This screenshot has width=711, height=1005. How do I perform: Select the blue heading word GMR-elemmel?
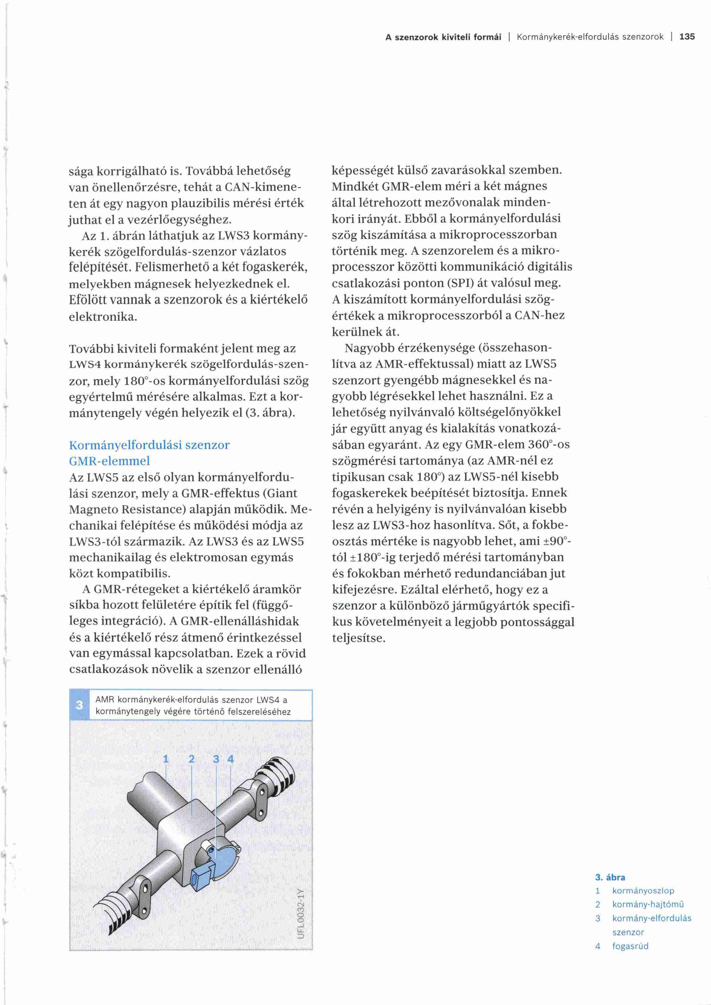(x=110, y=461)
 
